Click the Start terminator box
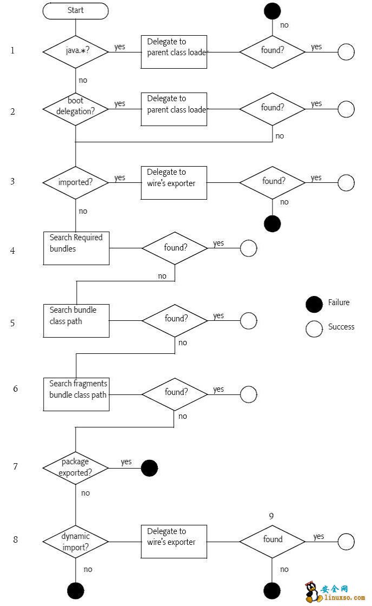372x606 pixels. pyautogui.click(x=76, y=10)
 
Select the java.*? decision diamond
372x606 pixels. pyautogui.click(x=76, y=52)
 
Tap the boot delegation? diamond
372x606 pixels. pyautogui.click(x=76, y=108)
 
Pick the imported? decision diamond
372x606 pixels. pyautogui.click(x=76, y=182)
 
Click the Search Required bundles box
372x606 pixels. pyautogui.click(x=76, y=248)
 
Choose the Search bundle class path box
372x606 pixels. pyautogui.click(x=76, y=321)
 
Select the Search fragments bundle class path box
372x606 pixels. pyautogui.click(x=76, y=394)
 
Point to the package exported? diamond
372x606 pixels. pyautogui.click(x=76, y=467)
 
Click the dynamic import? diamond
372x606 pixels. pyautogui.click(x=76, y=542)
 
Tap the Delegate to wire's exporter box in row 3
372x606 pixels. pyautogui.click(x=174, y=183)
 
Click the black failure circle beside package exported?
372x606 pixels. pyautogui.click(x=149, y=468)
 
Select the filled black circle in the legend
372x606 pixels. pyautogui.click(x=314, y=304)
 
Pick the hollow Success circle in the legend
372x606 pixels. pyautogui.click(x=314, y=328)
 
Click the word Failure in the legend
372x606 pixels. pyautogui.click(x=339, y=302)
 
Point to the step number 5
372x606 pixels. pyautogui.click(x=12, y=324)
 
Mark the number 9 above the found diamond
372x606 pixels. pyautogui.click(x=271, y=516)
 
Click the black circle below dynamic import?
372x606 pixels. pyautogui.click(x=76, y=591)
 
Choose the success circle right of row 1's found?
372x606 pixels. pyautogui.click(x=346, y=52)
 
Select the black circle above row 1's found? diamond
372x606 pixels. pyautogui.click(x=273, y=10)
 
